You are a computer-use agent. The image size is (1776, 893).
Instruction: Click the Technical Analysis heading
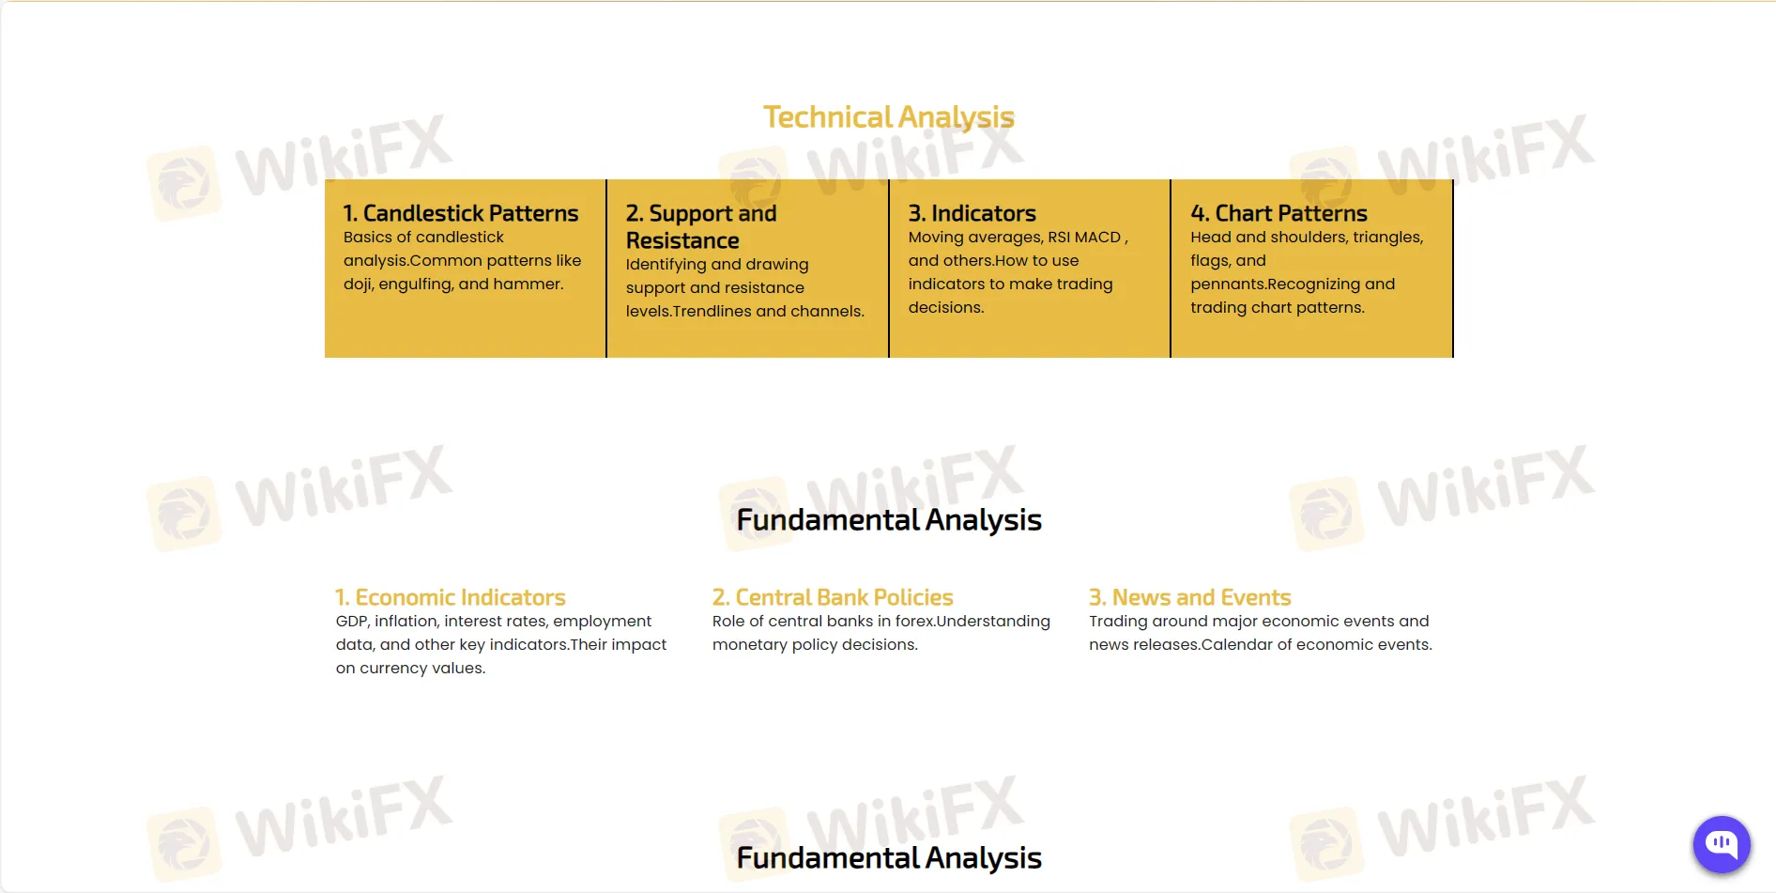click(x=888, y=117)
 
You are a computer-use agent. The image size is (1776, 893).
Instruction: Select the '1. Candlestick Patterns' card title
click(x=461, y=213)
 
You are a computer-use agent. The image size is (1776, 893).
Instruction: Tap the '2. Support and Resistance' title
click(x=701, y=226)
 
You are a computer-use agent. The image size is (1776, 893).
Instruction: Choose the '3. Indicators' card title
click(x=972, y=213)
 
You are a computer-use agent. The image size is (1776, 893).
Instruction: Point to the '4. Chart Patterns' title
click(x=1279, y=213)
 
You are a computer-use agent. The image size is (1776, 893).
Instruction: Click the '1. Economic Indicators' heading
click(x=451, y=597)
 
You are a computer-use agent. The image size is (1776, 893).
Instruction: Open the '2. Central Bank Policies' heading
click(x=833, y=597)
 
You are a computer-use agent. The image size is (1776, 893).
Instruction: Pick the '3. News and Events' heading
click(x=1190, y=597)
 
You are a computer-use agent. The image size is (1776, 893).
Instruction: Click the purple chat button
click(x=1722, y=844)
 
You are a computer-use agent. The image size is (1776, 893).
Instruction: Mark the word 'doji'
click(x=357, y=285)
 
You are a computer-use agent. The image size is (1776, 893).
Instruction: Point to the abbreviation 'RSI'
click(x=1059, y=237)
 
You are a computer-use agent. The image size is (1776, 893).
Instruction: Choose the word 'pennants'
click(x=1227, y=285)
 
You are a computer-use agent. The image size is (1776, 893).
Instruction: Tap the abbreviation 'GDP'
click(x=351, y=621)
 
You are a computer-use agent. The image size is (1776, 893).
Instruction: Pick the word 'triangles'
click(x=1387, y=238)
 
